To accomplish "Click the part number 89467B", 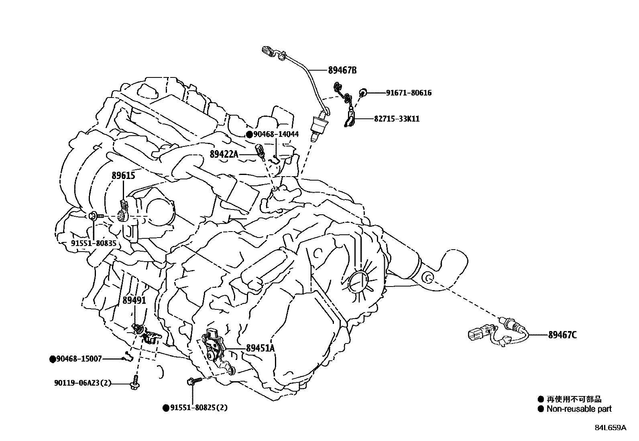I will coord(342,70).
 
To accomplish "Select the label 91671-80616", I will coord(409,93).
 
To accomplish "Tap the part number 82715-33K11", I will coord(397,119).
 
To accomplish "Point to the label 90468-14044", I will coord(276,134).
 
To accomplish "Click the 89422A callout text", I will coord(224,154).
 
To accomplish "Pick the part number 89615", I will coord(123,176).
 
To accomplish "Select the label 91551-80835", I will coord(94,243).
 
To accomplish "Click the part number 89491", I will coord(134,300).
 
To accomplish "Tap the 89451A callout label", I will coord(260,348).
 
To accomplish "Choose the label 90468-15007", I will coord(79,359).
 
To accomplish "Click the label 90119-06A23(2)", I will coord(83,383).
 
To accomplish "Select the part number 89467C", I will coord(562,335).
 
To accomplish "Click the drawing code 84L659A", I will coord(610,428).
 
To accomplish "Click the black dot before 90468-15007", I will coord(52,359).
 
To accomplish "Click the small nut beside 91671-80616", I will coord(362,93).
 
